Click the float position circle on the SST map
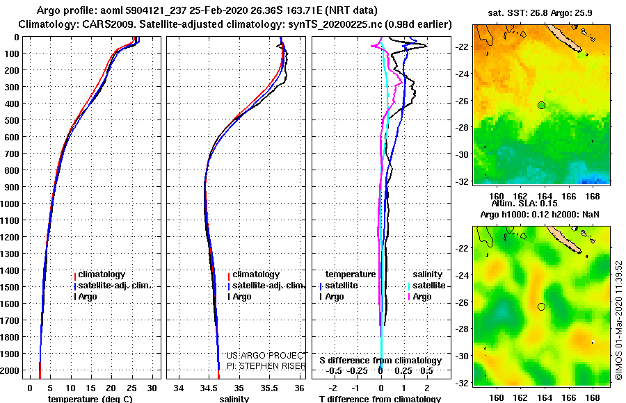coord(541,105)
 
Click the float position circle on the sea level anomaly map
coord(541,306)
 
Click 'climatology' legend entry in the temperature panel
coord(102,274)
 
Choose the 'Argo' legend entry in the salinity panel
coord(241,297)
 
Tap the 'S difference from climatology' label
coord(380,361)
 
